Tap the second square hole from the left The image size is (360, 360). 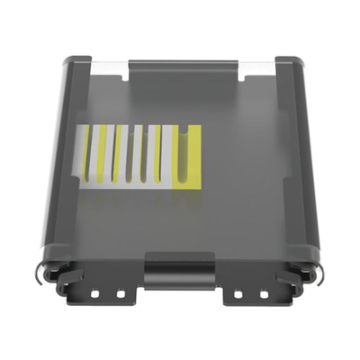coord(121,293)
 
